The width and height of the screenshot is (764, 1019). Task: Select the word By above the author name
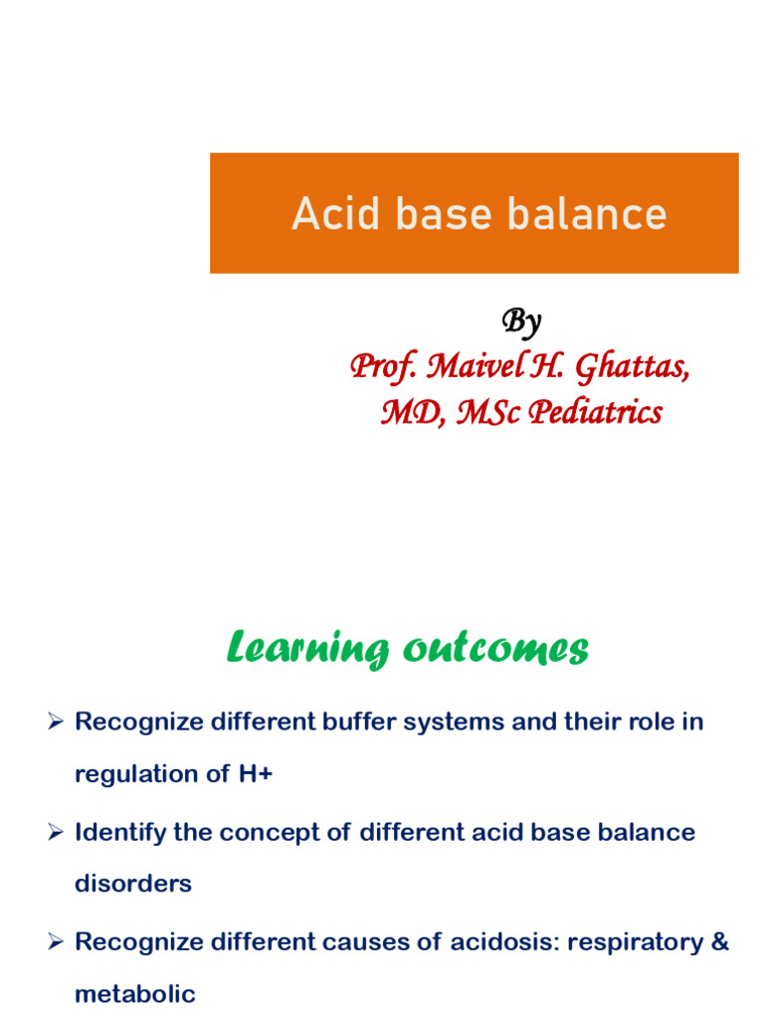click(520, 321)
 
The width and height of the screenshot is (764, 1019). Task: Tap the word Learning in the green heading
click(307, 650)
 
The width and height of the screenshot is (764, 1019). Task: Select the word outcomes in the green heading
click(495, 650)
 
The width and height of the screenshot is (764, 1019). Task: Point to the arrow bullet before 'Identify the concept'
click(56, 832)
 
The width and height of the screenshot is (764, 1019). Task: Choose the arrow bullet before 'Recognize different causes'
click(56, 941)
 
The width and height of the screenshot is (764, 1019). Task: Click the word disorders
click(133, 884)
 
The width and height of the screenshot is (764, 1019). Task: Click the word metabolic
click(135, 993)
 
